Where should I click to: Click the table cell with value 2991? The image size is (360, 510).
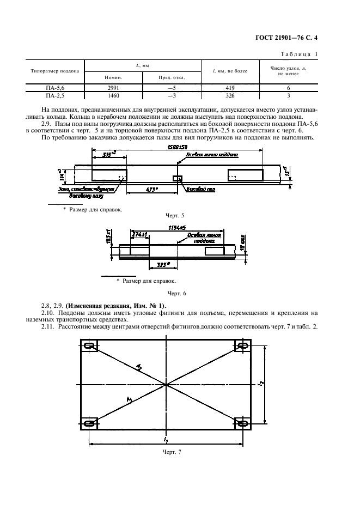(x=114, y=87)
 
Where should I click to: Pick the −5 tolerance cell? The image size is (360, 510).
(x=172, y=87)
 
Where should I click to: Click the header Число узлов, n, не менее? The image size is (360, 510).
(x=288, y=71)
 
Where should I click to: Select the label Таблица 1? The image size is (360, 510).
(x=299, y=53)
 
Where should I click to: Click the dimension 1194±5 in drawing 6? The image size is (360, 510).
(x=173, y=227)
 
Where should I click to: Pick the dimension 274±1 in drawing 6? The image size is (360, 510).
(x=139, y=235)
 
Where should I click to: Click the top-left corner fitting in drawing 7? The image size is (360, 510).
(x=90, y=345)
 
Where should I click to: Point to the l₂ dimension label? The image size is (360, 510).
(x=261, y=384)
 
